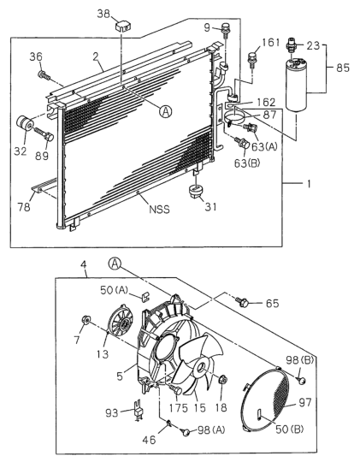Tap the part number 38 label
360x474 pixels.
[103, 14]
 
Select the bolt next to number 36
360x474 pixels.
[44, 74]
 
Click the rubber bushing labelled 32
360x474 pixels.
[25, 123]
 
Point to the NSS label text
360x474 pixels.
[159, 209]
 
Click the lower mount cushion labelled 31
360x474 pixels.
[195, 192]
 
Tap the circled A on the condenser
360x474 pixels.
[166, 111]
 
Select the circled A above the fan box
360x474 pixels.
[115, 264]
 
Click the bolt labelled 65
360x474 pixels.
[243, 302]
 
